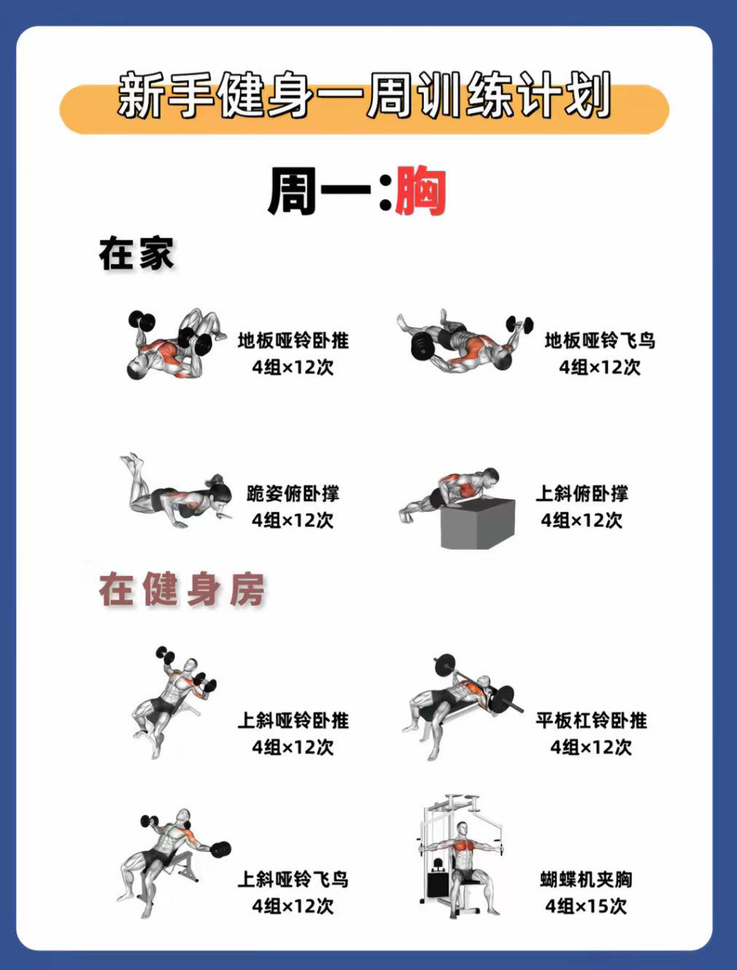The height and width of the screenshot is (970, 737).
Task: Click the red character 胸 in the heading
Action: [420, 192]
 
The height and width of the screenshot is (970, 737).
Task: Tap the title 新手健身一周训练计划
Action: [363, 96]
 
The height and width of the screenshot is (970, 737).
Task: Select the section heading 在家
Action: [137, 254]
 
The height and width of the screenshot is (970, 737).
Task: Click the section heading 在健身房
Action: [182, 590]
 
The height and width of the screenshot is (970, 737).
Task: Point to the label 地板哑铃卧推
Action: [293, 340]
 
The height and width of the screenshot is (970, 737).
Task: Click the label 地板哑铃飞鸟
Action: [599, 340]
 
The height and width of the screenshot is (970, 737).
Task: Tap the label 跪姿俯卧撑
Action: [293, 494]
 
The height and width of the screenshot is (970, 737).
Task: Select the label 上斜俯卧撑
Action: [581, 494]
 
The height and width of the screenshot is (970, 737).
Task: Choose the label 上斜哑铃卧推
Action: [293, 720]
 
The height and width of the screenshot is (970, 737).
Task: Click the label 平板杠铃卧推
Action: [591, 720]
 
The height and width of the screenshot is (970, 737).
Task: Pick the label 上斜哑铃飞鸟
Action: [293, 880]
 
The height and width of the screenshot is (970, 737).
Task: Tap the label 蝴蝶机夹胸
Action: [586, 880]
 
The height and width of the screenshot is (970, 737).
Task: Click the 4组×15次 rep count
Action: [586, 907]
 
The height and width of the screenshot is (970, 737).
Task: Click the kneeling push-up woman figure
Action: [175, 492]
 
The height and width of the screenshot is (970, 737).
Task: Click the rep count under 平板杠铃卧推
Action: [591, 747]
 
